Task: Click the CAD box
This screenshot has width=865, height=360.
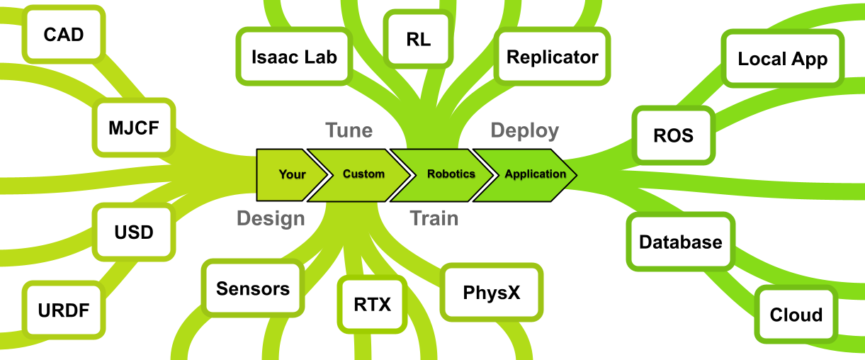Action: click(64, 34)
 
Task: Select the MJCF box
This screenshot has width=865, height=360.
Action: click(135, 128)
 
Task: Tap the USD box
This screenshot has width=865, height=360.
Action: click(134, 232)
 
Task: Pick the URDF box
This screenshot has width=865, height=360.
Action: click(64, 310)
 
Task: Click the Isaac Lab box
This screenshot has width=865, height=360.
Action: click(294, 57)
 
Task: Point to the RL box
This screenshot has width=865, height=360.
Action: click(418, 40)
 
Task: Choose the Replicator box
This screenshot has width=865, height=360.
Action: click(553, 57)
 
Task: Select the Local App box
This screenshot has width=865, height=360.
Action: click(782, 60)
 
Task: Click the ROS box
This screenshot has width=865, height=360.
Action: click(674, 135)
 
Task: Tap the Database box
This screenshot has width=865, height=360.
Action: click(680, 242)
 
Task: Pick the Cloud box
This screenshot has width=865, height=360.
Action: click(796, 315)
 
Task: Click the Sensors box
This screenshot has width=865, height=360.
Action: click(253, 288)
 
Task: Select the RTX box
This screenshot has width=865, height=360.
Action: click(372, 305)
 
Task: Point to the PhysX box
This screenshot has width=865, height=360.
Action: click(491, 292)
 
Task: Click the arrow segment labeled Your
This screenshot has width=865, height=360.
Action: click(287, 174)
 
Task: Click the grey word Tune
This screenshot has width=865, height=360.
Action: click(349, 130)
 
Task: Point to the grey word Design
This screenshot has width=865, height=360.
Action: click(271, 218)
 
